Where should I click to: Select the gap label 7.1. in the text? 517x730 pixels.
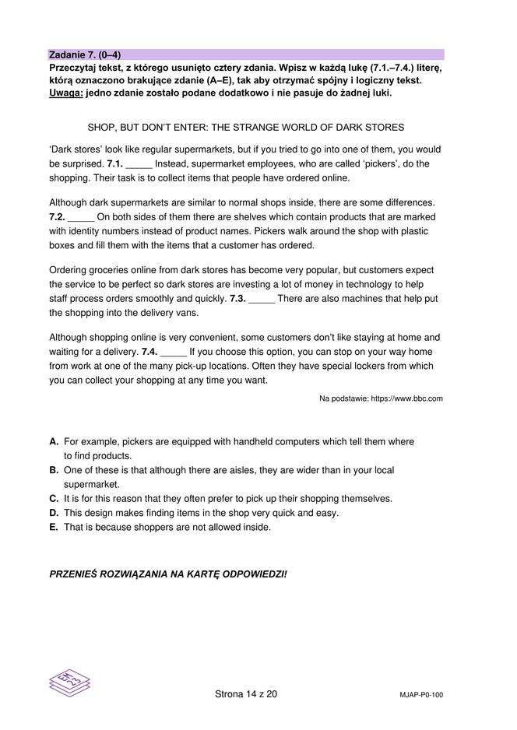tap(114, 164)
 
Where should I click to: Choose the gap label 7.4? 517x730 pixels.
tap(149, 352)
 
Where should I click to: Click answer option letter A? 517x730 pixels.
tap(54, 442)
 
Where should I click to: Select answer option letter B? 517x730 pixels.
tap(54, 471)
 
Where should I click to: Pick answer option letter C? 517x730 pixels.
tap(54, 499)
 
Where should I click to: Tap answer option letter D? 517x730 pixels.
tap(54, 513)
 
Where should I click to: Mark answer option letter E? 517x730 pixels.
tap(54, 527)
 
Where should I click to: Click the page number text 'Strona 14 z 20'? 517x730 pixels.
tap(245, 694)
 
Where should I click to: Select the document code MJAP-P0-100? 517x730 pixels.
tap(420, 695)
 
